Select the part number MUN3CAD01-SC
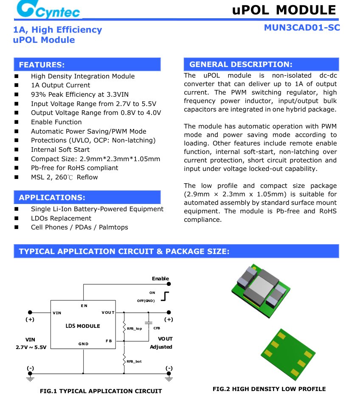coord(302,28)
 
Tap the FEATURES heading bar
coord(87,64)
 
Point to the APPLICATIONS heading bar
coord(87,197)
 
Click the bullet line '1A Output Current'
coord(60,85)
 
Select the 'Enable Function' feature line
coord(56,122)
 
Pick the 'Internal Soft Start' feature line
coord(60,150)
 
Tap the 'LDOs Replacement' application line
coord(61,218)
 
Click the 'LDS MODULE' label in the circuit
coord(83,326)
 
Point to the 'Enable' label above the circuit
coord(160,279)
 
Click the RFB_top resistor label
coord(134,329)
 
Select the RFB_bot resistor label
coord(134,361)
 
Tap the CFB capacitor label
coord(157,328)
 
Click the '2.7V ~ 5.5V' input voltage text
coord(31,347)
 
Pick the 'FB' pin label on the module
coord(109,341)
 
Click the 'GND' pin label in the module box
coord(83,344)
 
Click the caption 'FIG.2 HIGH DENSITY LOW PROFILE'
coord(269,389)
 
